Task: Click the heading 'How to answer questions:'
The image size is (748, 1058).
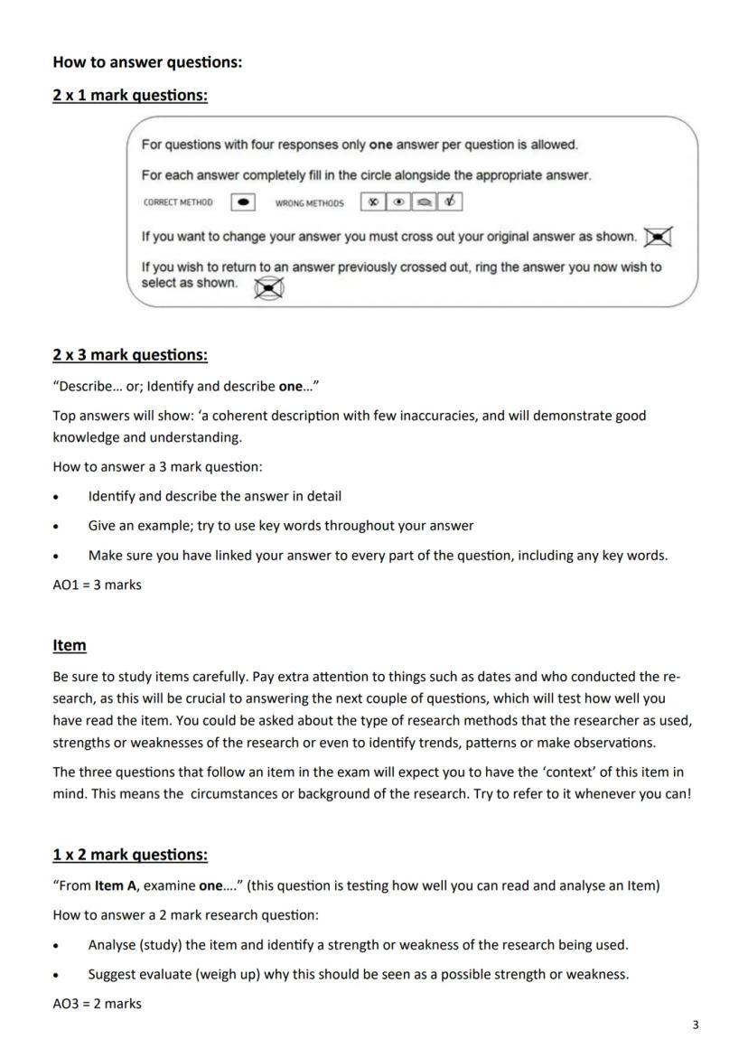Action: [x=147, y=62]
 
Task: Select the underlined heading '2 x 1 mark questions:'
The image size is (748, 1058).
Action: [x=130, y=95]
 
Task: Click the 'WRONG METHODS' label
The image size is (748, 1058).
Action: [x=309, y=203]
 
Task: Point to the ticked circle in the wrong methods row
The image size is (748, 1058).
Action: [x=449, y=202]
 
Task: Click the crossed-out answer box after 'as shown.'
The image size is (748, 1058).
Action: [x=659, y=237]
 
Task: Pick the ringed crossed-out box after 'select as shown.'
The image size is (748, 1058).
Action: [x=268, y=288]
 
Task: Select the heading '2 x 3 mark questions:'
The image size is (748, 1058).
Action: [x=130, y=355]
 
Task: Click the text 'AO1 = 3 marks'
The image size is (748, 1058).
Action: [x=98, y=585]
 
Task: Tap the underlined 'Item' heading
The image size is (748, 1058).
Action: [x=70, y=645]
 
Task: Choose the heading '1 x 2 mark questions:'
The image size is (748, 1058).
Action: [x=130, y=855]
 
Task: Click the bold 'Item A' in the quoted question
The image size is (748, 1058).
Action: [x=117, y=885]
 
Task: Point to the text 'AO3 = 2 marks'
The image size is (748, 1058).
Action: [x=98, y=1003]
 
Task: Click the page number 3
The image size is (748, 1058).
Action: [x=695, y=1025]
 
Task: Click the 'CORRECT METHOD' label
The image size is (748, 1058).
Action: [x=178, y=203]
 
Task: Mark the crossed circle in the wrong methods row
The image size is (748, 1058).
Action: [x=372, y=202]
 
